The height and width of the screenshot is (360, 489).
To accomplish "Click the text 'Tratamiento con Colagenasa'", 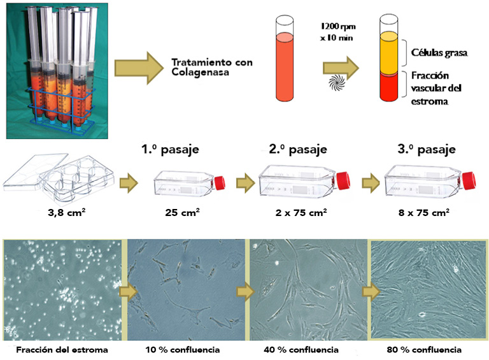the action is [211, 67].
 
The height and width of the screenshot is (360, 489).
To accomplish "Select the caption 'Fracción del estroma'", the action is [61, 350].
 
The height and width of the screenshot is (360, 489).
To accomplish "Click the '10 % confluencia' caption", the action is [184, 350].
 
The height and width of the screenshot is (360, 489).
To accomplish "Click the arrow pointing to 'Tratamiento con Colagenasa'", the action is [138, 66].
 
